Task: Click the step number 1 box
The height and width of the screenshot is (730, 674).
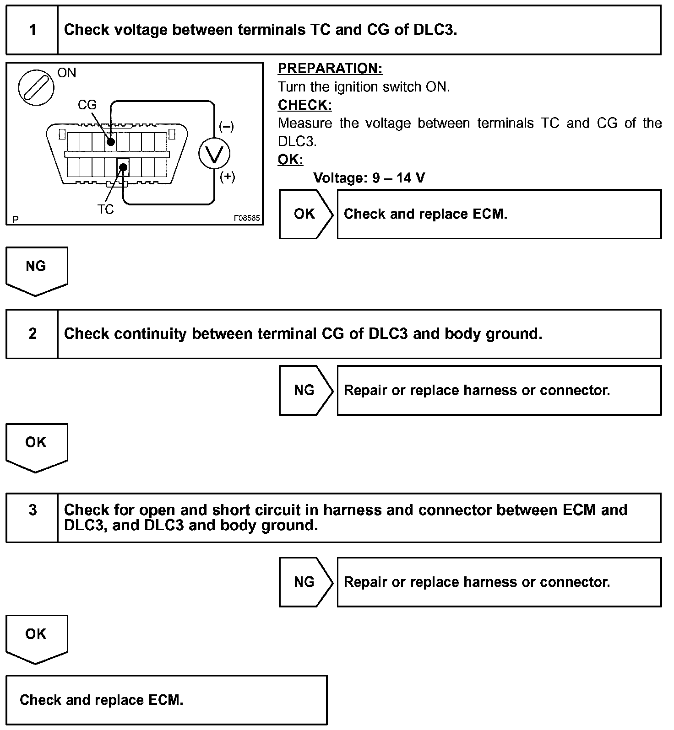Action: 32,30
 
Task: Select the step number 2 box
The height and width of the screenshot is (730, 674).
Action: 32,334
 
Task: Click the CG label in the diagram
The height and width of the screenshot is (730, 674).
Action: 87,105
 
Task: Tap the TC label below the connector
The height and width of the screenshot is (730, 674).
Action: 105,209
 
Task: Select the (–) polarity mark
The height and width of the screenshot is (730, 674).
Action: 226,126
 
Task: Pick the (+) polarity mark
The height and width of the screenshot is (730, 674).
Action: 227,177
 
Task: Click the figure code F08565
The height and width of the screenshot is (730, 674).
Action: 247,218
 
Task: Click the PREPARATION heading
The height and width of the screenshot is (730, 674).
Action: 330,69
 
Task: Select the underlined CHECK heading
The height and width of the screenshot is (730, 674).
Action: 304,105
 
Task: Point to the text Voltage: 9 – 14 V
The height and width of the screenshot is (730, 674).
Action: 369,177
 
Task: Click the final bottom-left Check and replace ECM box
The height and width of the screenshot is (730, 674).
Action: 166,700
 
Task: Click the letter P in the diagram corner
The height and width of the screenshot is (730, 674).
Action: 16,220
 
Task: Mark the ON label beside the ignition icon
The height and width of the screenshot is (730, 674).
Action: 67,73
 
